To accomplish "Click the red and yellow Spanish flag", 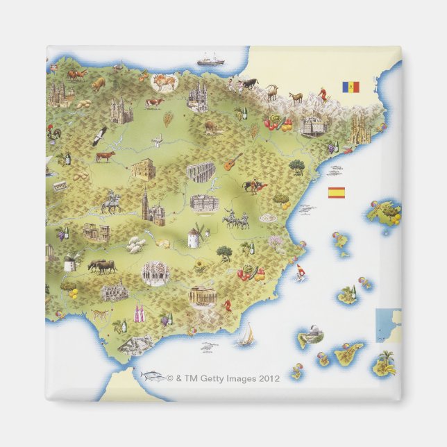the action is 336,192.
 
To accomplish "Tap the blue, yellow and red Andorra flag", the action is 350,87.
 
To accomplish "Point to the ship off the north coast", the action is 210,60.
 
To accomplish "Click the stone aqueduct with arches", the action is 200,172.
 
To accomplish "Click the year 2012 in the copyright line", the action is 269,379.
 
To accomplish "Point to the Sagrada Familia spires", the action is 360,128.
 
